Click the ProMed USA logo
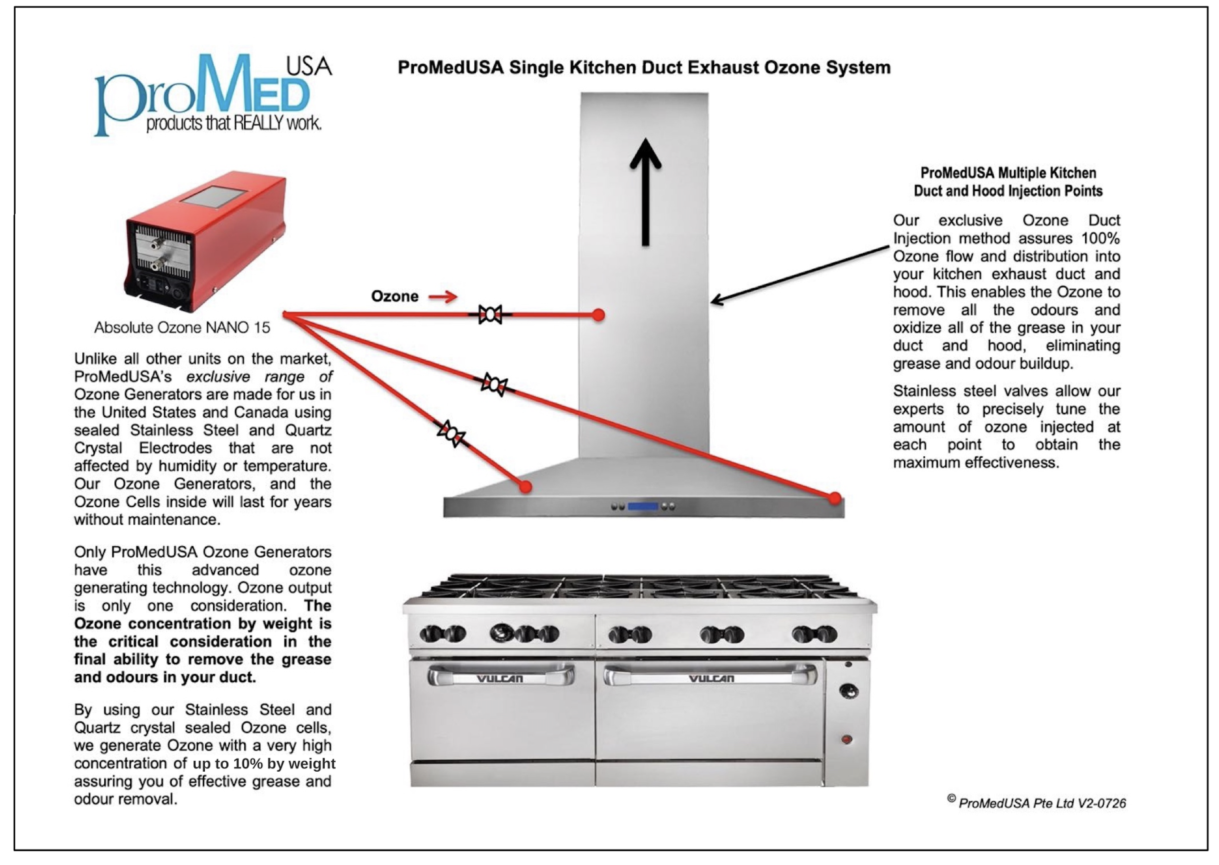213,95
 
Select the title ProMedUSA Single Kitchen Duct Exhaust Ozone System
644,68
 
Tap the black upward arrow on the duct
646,192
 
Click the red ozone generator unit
206,242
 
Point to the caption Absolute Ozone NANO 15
182,327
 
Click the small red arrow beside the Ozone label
443,297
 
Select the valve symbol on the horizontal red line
490,315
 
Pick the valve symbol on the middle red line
494,384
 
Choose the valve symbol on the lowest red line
451,433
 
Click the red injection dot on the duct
599,315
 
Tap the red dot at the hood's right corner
835,499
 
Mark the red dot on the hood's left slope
526,486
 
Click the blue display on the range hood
643,506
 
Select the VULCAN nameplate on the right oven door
711,678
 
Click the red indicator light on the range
847,739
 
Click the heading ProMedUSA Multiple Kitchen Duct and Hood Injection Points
1008,182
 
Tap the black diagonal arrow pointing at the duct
802,275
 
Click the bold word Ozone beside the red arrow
394,296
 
